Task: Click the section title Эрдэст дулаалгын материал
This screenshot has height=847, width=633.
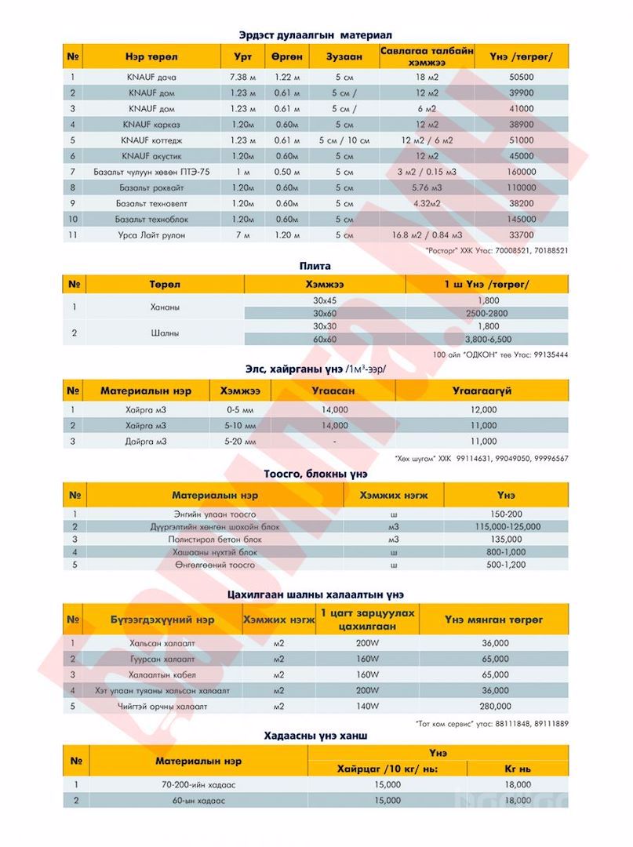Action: tap(315, 35)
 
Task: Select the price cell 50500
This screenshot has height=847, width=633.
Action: tap(521, 78)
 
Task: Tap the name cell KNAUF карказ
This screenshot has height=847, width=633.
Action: tap(151, 125)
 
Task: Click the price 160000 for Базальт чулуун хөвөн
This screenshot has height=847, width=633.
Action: tap(521, 172)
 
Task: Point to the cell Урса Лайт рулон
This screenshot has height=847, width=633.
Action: tap(151, 234)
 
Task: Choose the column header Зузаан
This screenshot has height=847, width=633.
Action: tap(343, 57)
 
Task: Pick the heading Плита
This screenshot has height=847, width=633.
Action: tap(317, 266)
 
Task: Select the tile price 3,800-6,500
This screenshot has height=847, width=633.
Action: tap(493, 340)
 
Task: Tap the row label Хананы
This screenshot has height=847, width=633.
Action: tap(164, 307)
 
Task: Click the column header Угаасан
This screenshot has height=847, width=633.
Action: tap(334, 390)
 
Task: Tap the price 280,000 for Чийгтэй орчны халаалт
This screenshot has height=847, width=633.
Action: tap(495, 706)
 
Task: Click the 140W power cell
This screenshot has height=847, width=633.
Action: tap(367, 706)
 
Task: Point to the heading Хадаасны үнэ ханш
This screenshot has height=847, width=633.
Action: tap(316, 736)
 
